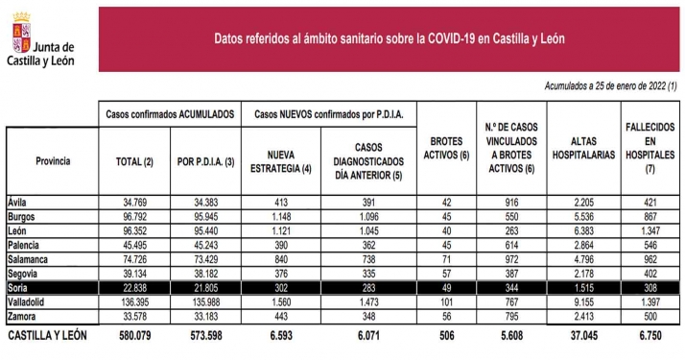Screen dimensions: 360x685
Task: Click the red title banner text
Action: click(x=389, y=38)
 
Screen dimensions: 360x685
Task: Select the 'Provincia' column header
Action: click(x=52, y=160)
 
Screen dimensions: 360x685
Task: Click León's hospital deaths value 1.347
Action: click(x=646, y=231)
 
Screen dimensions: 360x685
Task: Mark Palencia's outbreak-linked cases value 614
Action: click(x=514, y=246)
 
